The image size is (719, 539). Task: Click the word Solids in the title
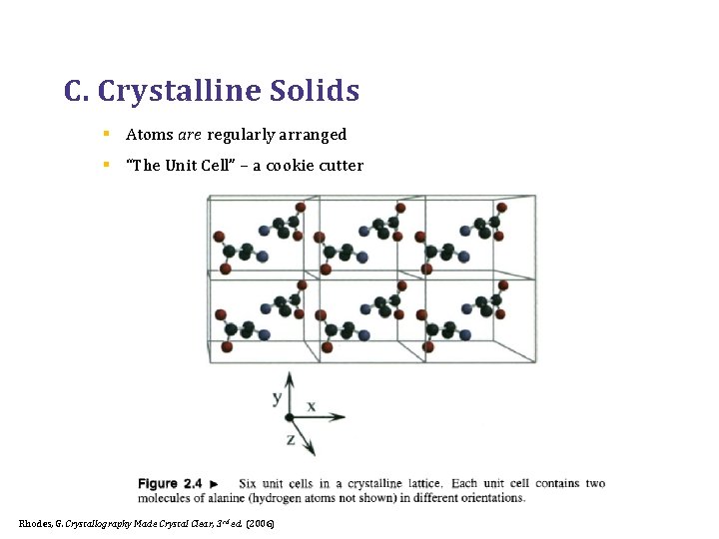[x=314, y=92]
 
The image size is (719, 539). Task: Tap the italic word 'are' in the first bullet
[x=190, y=135]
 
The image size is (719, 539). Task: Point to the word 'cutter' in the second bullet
[x=342, y=166]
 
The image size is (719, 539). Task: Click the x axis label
[x=312, y=406]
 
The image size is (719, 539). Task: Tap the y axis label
[x=277, y=398]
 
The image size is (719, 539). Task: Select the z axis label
[x=290, y=439]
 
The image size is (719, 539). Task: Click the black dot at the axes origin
[x=290, y=417]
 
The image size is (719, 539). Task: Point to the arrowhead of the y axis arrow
[x=290, y=378]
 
